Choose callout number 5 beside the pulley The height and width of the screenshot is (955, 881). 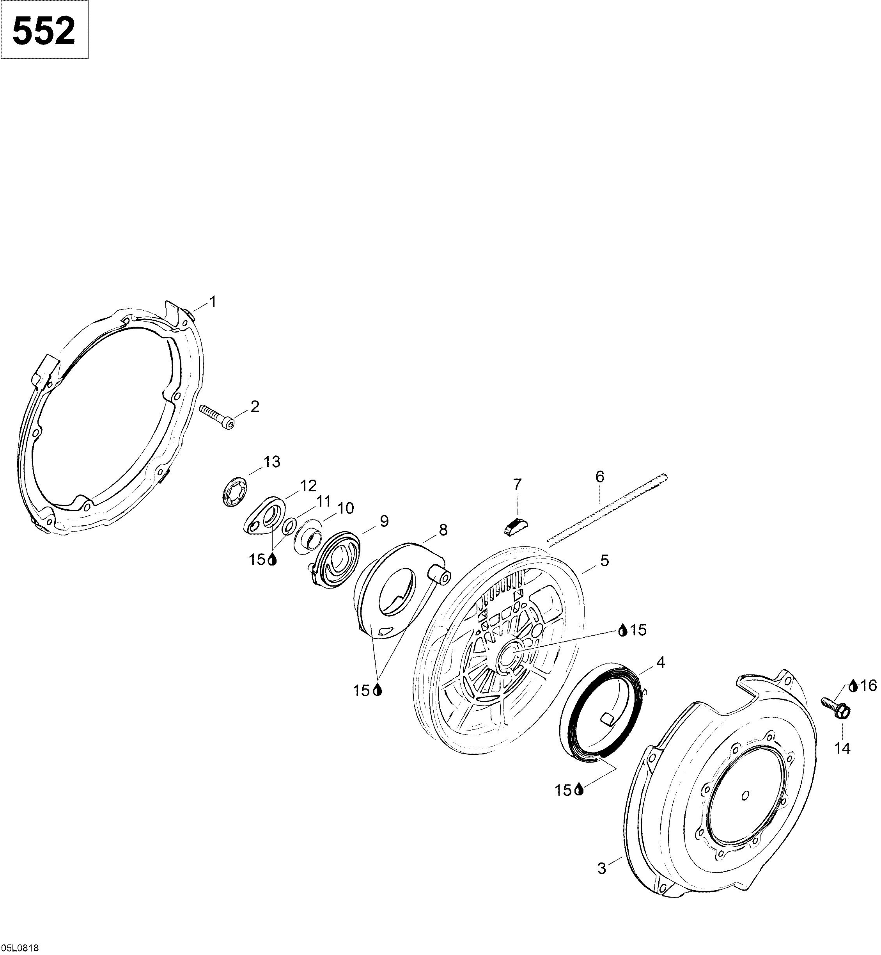point(604,560)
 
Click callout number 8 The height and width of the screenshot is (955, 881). point(443,530)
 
